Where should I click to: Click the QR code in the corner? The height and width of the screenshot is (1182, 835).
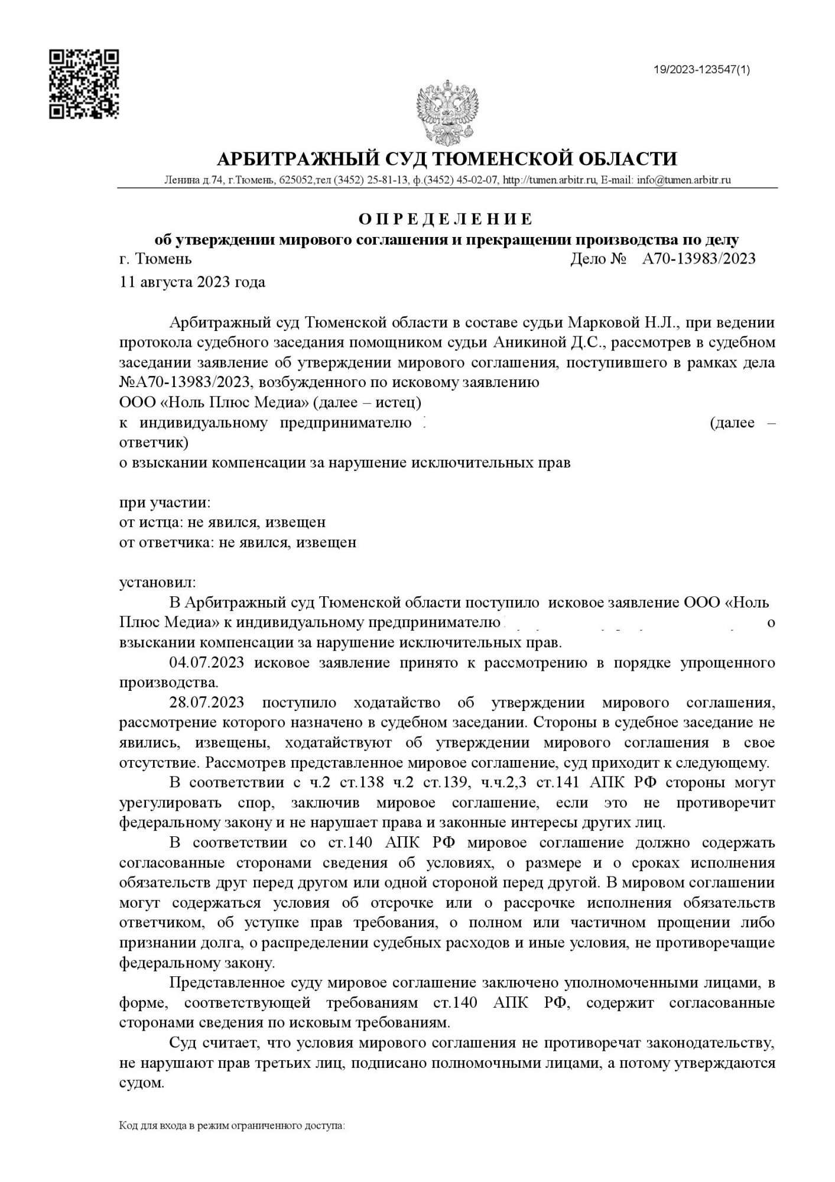tap(83, 85)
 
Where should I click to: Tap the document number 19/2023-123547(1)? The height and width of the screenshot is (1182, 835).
tap(701, 70)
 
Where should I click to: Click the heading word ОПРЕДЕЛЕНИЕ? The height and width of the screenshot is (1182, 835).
tap(446, 219)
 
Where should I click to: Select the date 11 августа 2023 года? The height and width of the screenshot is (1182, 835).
tap(192, 282)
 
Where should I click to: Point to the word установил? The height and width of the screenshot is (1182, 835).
tap(157, 583)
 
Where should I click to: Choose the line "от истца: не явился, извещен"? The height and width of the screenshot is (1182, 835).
tap(222, 522)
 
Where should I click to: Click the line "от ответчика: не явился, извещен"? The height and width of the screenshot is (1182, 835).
tap(238, 542)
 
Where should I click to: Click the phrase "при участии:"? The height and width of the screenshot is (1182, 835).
tap(165, 502)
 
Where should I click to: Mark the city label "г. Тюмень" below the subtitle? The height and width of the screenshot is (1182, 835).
tap(155, 259)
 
